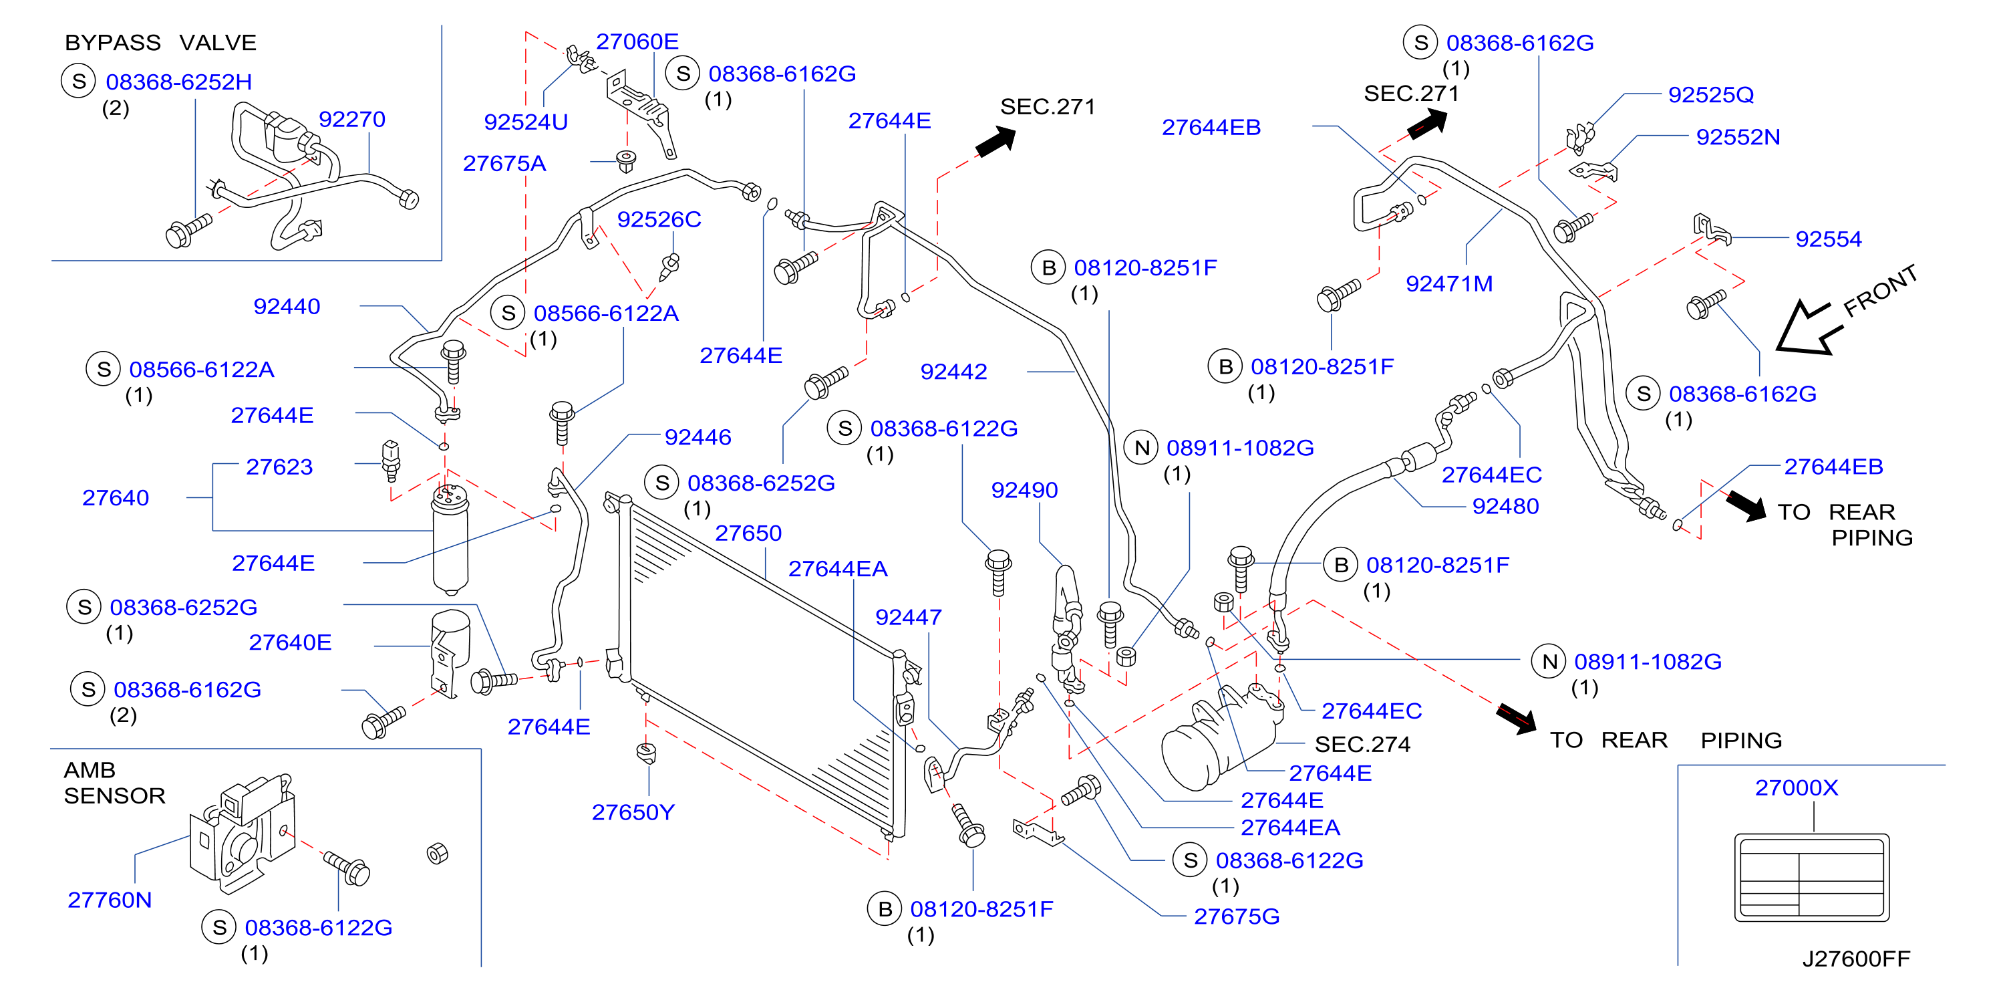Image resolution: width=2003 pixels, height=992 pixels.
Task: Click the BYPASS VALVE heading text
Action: coord(160,42)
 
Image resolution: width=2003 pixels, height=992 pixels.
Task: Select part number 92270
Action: coord(352,119)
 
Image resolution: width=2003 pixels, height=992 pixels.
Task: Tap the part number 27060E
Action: coord(637,41)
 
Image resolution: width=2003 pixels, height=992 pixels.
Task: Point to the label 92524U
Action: coord(526,122)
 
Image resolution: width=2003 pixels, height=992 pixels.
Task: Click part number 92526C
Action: coord(659,219)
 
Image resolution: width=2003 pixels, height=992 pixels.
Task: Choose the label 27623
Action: coord(279,466)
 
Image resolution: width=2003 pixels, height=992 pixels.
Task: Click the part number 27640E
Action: coord(290,642)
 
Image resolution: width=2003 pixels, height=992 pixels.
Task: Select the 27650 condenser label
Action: coord(748,533)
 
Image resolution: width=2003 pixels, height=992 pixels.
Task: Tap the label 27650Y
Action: coord(633,812)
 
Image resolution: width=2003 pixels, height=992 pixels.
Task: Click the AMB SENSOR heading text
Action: coord(114,783)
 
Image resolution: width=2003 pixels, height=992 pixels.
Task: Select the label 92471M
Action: coord(1449,283)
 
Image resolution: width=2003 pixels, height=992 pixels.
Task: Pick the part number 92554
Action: coord(1829,239)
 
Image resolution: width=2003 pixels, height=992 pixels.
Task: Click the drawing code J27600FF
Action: coord(1856,959)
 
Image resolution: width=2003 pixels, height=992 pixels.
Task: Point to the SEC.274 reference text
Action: coord(1362,745)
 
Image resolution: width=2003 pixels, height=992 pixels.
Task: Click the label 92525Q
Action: coord(1710,94)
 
